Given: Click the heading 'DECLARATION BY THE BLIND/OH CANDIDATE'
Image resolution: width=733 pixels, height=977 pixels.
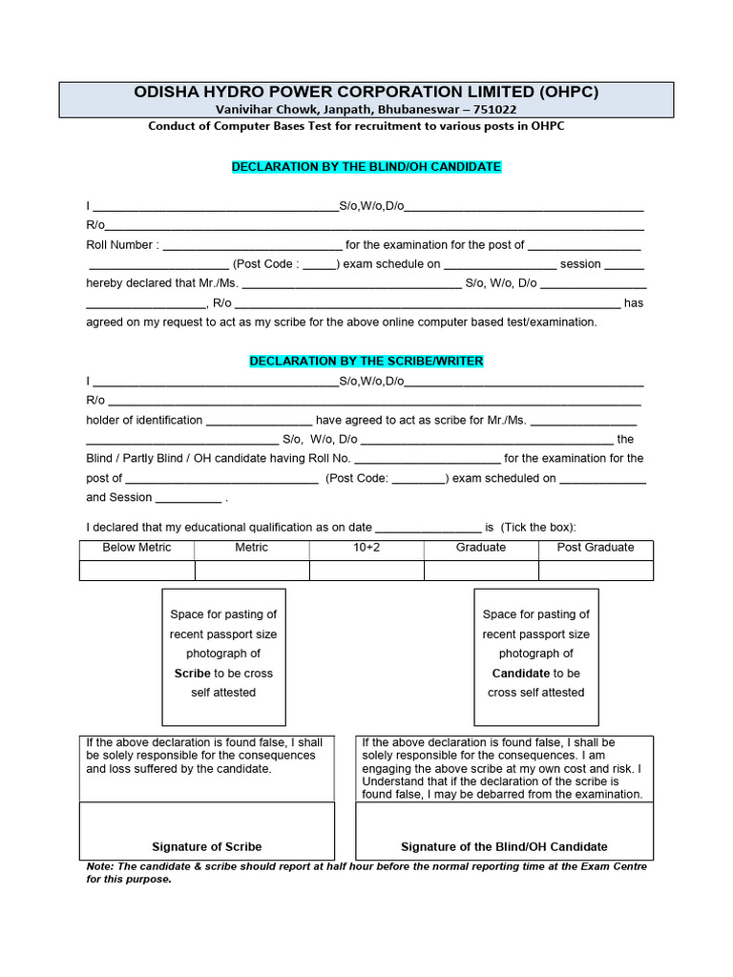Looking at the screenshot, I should point(366,167).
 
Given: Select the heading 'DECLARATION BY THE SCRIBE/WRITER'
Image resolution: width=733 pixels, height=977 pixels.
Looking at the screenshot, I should point(366,362).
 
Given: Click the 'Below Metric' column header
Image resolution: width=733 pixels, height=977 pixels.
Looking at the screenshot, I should point(136,548).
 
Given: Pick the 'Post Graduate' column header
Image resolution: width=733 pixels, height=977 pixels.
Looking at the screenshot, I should point(596,548).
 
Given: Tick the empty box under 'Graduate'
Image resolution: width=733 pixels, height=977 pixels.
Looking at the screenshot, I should point(481,571).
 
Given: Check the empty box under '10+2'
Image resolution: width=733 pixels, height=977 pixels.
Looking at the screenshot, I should point(366,571).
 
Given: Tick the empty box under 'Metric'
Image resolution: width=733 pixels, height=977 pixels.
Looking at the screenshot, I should point(252,571).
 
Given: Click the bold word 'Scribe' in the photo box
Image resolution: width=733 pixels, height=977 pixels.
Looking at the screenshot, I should point(192,674).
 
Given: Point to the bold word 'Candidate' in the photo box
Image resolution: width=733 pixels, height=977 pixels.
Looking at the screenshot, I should point(520,674).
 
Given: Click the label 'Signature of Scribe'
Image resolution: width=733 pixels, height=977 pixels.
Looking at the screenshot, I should point(206,847).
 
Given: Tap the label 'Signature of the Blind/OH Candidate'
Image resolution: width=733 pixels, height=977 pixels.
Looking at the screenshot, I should point(504,847).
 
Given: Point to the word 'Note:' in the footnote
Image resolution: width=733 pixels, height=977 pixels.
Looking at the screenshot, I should point(99,867).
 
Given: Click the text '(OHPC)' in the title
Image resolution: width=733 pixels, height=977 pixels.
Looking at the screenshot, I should point(570,93).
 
